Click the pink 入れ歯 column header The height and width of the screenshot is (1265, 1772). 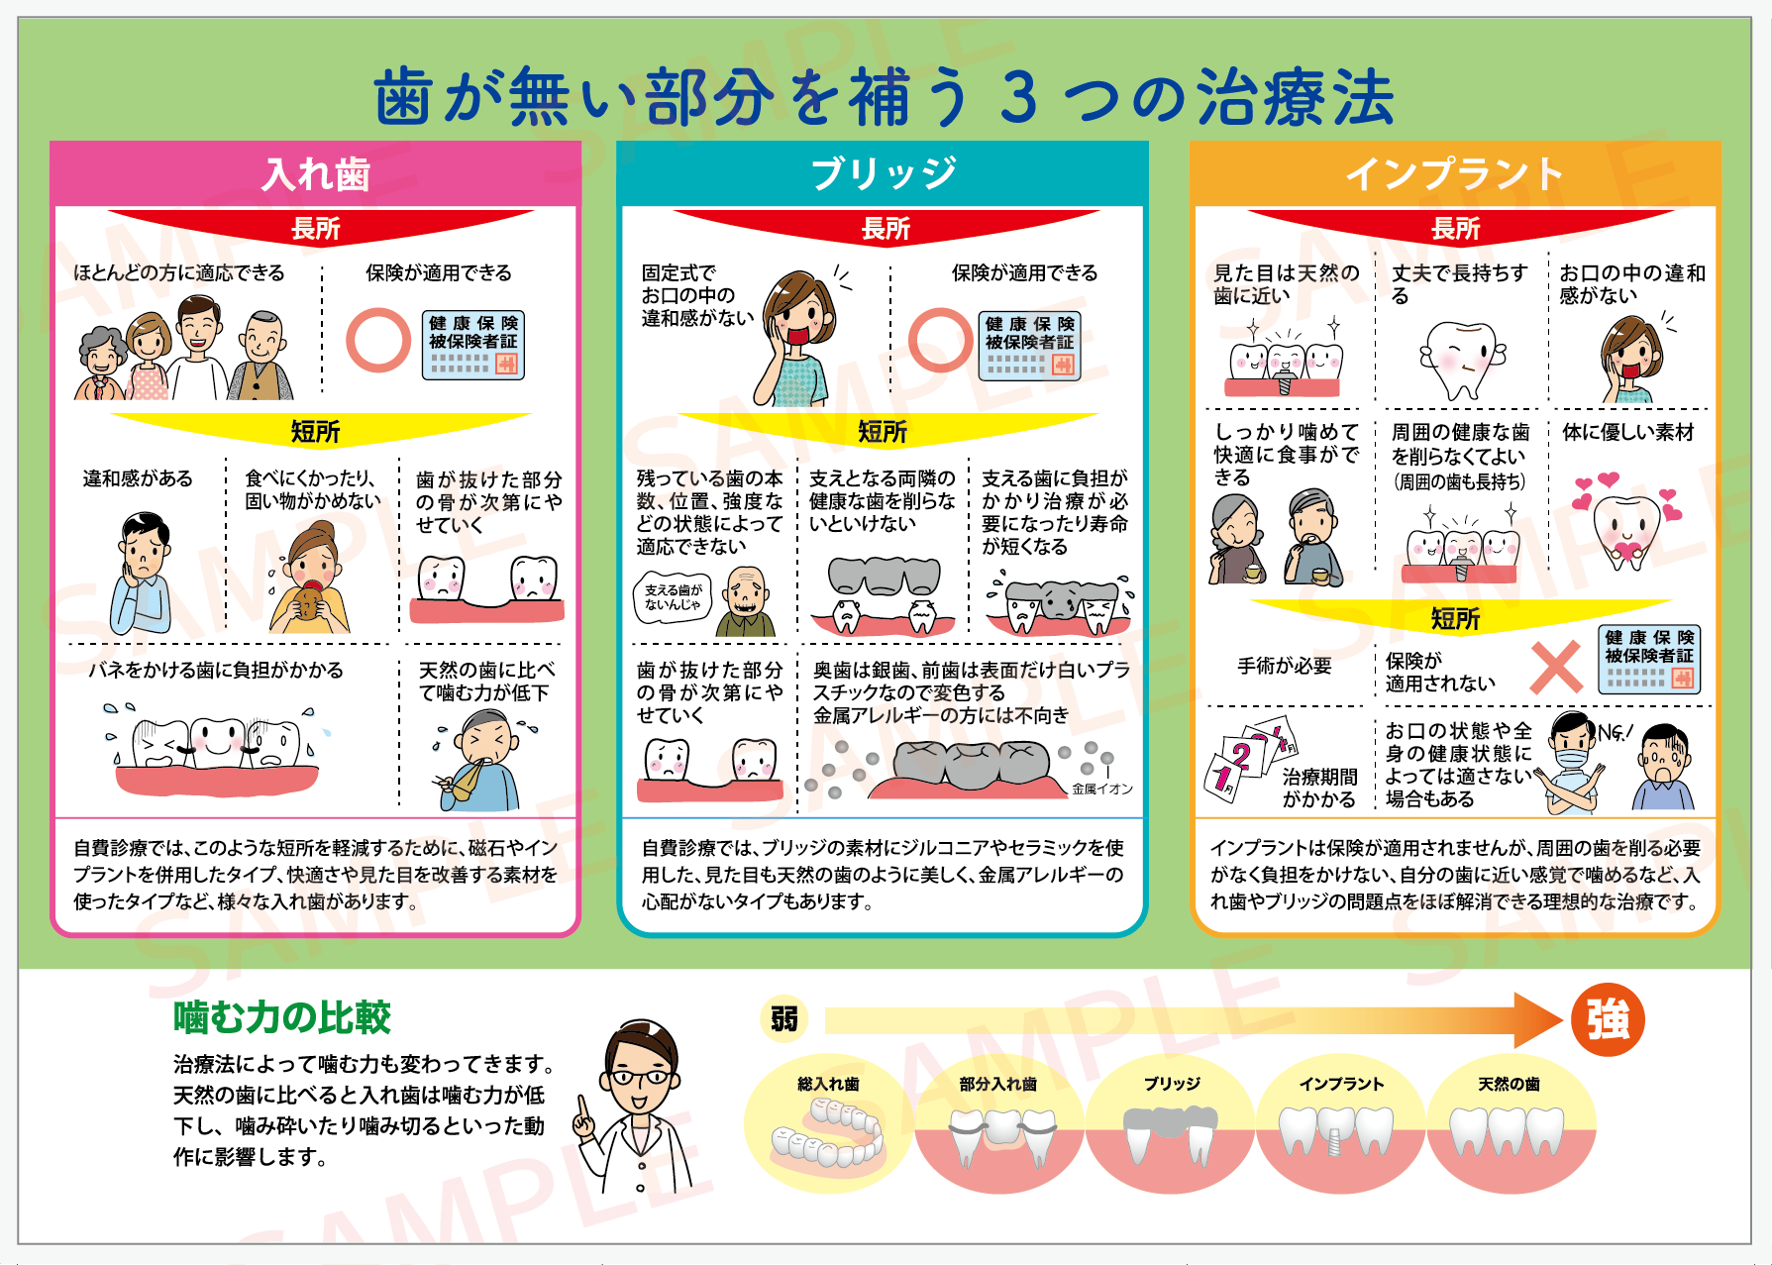(315, 174)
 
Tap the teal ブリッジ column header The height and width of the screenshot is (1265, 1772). (883, 174)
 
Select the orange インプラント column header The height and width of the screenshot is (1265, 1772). (1454, 174)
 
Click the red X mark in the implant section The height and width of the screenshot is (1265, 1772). (1556, 667)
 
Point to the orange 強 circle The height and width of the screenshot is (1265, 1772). (1608, 1019)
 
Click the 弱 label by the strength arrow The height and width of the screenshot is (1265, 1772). (784, 1018)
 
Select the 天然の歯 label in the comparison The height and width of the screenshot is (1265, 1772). (1509, 1084)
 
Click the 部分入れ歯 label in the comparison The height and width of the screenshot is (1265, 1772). (997, 1084)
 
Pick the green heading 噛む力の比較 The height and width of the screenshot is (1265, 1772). (282, 1017)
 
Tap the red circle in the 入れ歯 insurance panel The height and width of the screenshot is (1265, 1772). (378, 340)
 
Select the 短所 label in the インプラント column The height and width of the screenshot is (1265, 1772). (1455, 619)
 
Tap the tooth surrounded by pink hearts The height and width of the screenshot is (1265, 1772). (1625, 526)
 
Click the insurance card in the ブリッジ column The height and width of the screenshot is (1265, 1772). (1030, 346)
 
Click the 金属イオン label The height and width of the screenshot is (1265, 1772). (1101, 790)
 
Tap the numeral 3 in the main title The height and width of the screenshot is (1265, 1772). (1019, 98)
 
